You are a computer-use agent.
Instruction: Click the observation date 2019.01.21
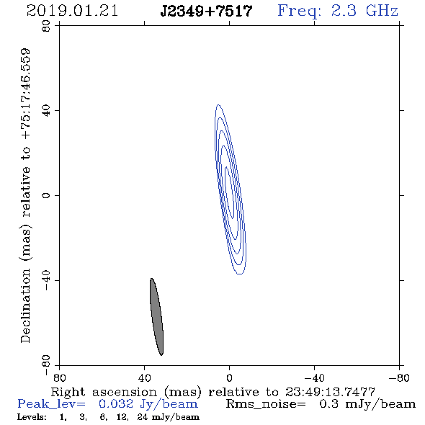point(72,11)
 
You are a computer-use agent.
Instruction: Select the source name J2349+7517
point(206,12)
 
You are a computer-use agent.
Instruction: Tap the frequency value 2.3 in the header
point(344,11)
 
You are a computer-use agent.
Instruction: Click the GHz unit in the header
point(382,11)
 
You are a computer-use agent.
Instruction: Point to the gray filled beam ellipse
point(156,316)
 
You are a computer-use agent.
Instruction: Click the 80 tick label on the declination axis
point(46,26)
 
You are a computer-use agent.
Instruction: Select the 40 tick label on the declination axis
point(46,111)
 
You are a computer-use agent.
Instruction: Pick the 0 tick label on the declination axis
point(46,195)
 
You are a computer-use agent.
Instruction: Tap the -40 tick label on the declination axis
point(46,280)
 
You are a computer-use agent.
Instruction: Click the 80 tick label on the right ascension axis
point(59,378)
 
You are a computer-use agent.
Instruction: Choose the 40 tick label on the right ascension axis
point(144,378)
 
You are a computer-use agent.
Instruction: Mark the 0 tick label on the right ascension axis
point(229,378)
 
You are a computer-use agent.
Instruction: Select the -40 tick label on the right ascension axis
point(314,378)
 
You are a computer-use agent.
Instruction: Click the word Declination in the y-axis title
point(25,305)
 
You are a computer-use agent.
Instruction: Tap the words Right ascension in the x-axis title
point(104,392)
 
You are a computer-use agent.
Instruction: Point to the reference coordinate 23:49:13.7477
point(330,392)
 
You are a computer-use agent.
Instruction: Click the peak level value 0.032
point(116,404)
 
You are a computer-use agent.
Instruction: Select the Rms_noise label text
point(266,404)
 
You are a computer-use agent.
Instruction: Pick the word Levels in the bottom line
point(32,416)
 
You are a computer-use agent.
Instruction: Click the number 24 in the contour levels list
point(143,416)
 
